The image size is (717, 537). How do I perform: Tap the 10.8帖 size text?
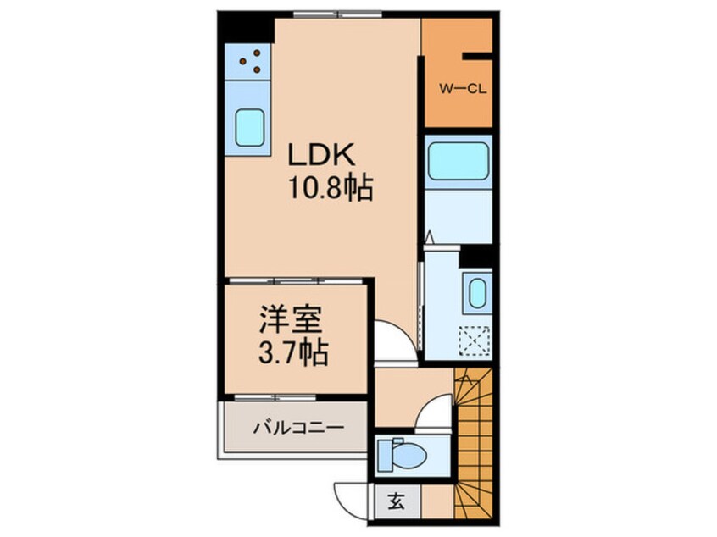tap(330, 187)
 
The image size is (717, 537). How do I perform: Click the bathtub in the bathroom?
tap(457, 161)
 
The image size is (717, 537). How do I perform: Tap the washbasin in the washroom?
tap(476, 293)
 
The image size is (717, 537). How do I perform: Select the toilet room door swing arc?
tap(437, 414)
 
